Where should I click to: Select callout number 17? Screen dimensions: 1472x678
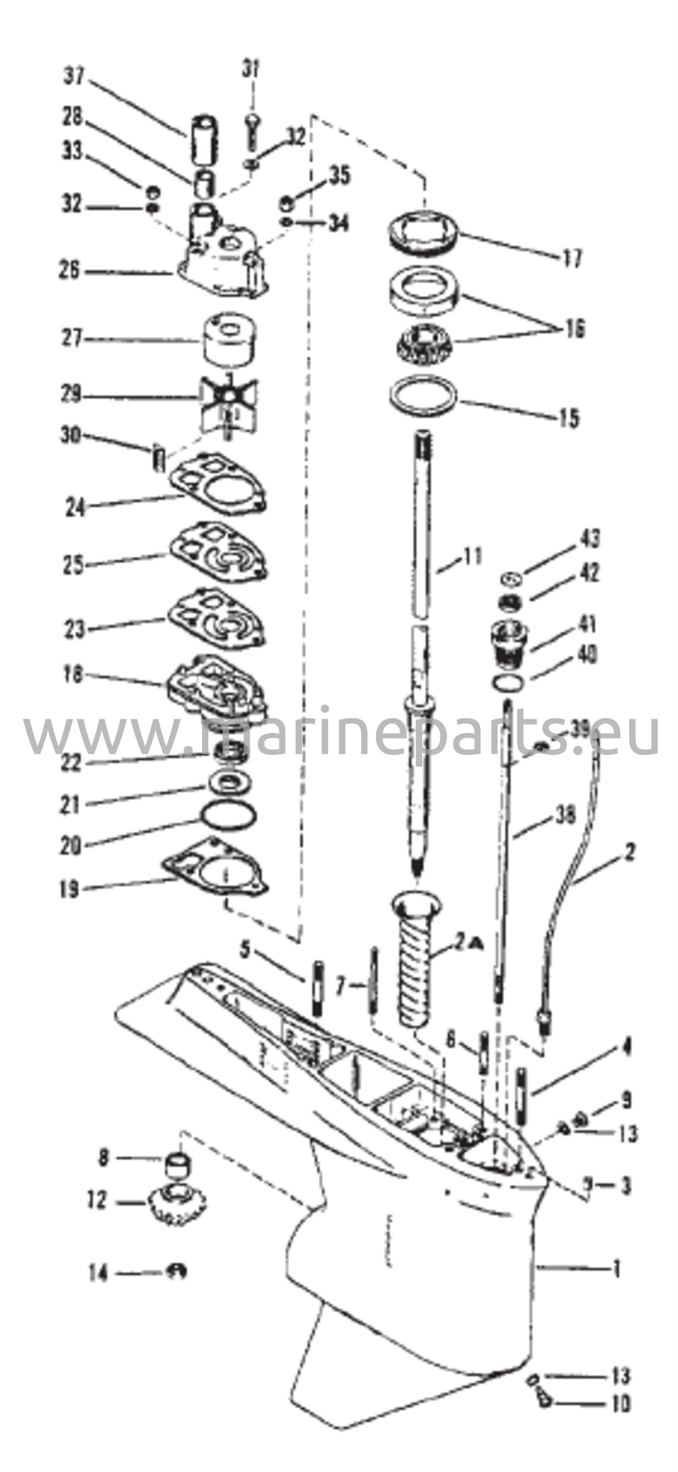tap(573, 258)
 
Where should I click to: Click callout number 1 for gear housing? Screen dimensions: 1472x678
tap(615, 1269)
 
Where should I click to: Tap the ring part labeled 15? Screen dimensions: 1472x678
tap(423, 397)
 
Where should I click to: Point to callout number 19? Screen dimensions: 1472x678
tap(69, 889)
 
